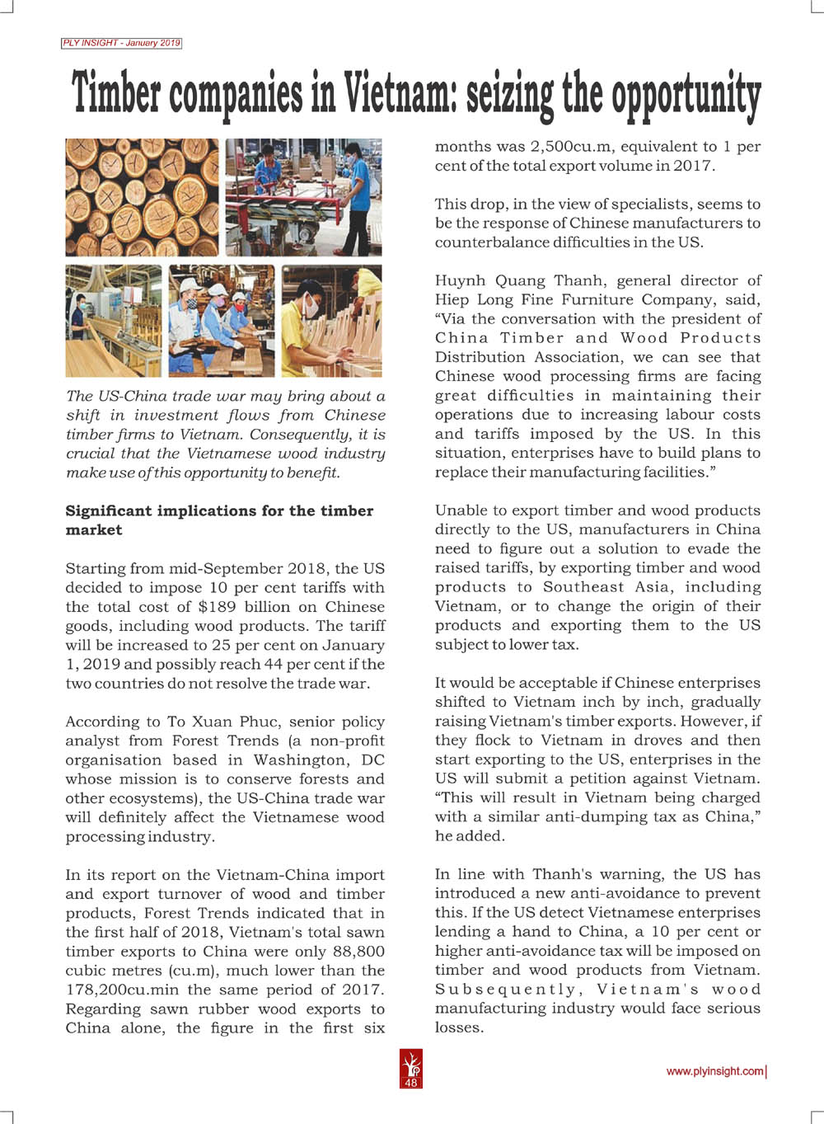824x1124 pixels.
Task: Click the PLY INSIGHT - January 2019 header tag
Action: [x=121, y=43]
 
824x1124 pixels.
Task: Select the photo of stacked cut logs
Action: [x=142, y=197]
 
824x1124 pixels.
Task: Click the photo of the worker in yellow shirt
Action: [x=331, y=321]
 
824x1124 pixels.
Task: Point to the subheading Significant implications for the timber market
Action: [x=219, y=520]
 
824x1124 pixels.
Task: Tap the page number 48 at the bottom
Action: [x=411, y=1083]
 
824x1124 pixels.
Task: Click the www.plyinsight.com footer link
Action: [x=714, y=1071]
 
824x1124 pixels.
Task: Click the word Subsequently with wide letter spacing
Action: [x=505, y=989]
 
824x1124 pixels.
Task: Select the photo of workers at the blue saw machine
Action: [x=303, y=197]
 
